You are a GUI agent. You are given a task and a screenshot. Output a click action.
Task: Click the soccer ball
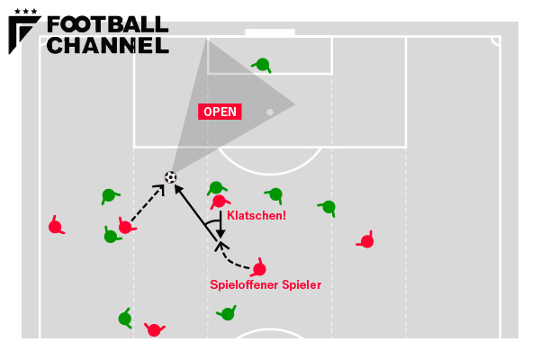170,177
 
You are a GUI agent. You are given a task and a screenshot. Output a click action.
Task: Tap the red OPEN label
220,112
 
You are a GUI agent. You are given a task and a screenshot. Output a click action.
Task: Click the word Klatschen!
256,216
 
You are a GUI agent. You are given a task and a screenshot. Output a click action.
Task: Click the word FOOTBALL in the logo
107,24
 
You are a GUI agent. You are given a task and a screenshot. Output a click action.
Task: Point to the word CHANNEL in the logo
107,44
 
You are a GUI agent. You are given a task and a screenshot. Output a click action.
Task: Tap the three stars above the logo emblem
25,11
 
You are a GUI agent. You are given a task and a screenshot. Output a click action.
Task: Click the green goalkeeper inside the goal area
262,64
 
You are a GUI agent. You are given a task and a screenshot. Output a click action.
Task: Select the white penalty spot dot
270,112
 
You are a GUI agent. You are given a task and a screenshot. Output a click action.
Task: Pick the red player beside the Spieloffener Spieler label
259,268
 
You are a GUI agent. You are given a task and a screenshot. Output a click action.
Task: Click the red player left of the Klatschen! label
218,202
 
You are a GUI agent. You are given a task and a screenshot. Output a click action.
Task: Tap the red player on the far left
55,226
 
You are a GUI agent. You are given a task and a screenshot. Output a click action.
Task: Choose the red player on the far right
366,240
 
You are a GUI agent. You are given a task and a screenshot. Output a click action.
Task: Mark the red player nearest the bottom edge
154,329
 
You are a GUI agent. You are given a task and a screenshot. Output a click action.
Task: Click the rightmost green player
328,207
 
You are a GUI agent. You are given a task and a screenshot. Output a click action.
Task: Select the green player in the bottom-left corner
125,318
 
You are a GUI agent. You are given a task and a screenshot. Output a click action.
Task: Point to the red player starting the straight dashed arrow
125,227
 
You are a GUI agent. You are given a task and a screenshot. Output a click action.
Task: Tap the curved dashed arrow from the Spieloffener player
235,262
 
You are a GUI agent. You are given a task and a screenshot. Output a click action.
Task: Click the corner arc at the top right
496,41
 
